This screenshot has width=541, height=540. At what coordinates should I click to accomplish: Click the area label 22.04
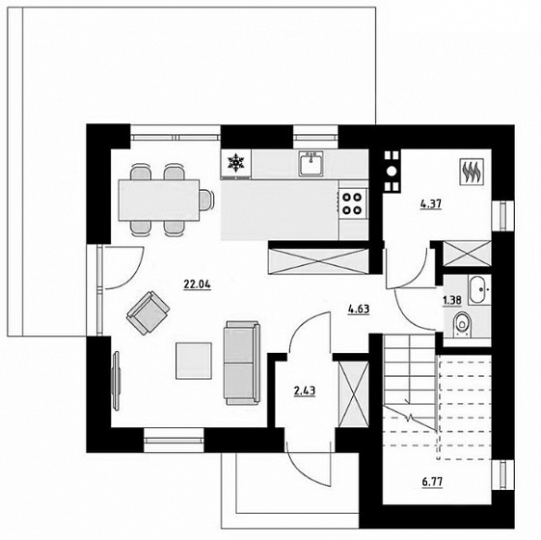197,284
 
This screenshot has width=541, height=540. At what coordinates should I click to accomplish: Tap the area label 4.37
431,204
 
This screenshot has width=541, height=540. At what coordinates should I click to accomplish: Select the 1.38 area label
452,300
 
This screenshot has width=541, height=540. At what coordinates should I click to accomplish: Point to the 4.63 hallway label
359,309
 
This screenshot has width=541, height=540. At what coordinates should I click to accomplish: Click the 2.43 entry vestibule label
305,391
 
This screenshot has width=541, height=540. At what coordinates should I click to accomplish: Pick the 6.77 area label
432,482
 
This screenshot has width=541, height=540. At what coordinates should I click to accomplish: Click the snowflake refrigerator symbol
236,163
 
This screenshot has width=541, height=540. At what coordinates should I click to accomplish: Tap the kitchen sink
311,164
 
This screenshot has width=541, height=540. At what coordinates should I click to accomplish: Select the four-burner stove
352,203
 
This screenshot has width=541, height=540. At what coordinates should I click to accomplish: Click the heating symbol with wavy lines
472,172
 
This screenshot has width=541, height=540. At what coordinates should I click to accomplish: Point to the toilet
461,324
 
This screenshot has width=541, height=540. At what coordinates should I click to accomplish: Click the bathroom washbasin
479,290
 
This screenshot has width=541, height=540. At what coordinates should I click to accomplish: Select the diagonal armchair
148,312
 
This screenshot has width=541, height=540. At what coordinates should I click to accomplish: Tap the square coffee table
194,361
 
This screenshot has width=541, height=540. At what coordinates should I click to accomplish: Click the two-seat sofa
241,363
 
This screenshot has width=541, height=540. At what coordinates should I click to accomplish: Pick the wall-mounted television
117,380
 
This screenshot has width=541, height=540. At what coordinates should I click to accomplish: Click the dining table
159,201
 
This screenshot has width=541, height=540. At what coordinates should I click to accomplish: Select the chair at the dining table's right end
206,201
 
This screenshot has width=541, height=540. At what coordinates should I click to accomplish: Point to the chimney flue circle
392,171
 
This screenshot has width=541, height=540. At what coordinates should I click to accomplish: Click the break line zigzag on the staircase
410,418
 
